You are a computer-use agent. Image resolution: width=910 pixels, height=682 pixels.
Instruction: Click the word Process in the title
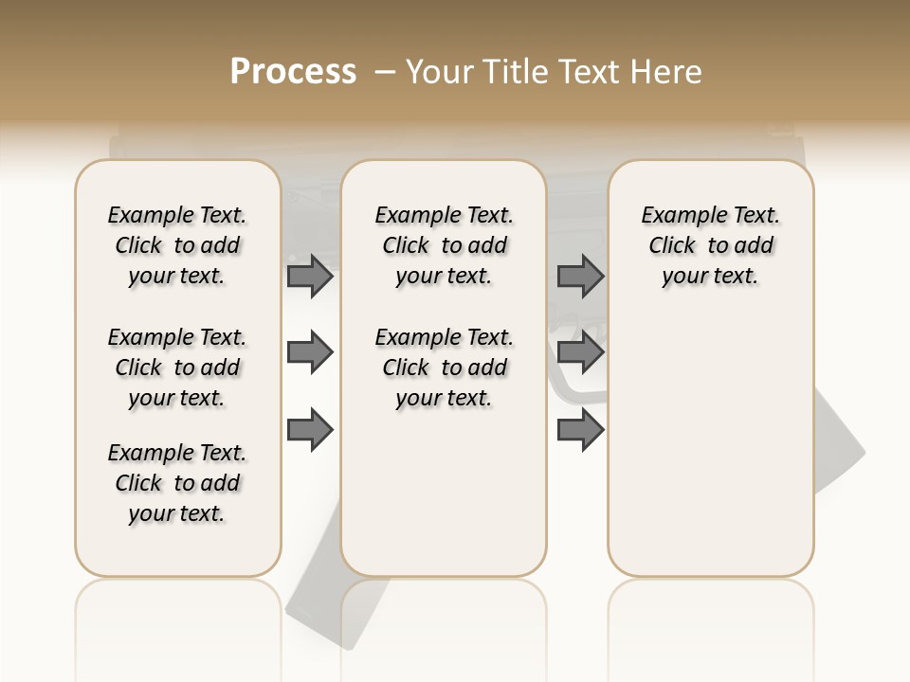293,72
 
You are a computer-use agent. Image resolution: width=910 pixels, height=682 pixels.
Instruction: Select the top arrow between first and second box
309,277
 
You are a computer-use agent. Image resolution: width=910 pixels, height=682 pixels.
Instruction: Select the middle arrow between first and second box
309,353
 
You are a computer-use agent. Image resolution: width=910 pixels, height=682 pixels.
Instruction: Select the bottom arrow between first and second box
309,430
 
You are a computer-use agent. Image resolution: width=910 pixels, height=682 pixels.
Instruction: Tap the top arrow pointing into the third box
580,277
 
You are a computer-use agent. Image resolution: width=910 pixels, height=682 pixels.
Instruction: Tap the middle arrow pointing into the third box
580,353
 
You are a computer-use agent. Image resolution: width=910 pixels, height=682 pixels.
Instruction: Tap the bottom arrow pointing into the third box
580,430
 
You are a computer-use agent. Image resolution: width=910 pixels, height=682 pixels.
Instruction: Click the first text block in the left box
177,245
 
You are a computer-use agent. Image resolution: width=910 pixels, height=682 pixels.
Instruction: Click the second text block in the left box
177,368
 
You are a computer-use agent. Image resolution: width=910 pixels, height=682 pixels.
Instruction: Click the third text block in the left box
177,483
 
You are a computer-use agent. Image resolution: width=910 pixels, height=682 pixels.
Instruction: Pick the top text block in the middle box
444,245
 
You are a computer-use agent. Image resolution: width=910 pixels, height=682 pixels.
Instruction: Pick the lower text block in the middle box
444,368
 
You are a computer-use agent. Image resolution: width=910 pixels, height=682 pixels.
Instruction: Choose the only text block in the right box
710,245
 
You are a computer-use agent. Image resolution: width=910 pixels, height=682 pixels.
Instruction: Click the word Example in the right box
676,215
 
